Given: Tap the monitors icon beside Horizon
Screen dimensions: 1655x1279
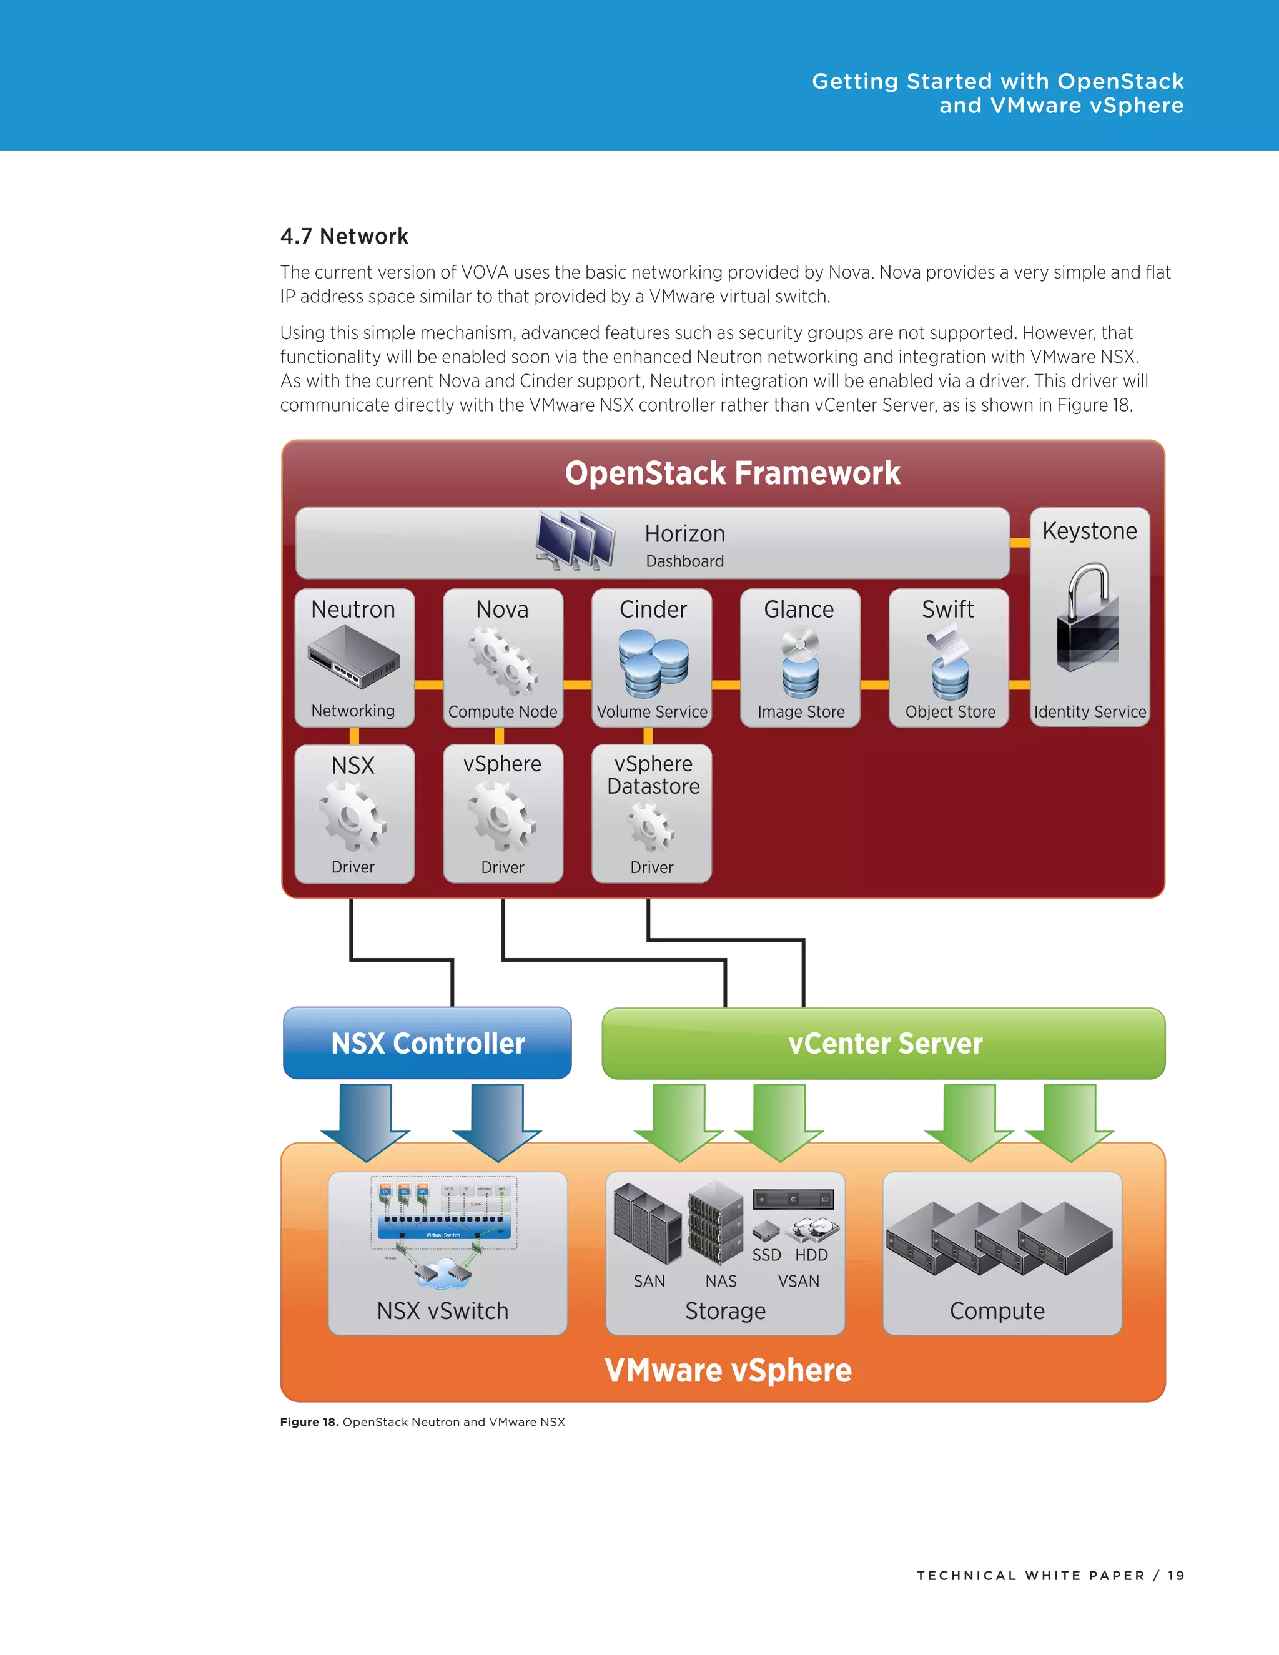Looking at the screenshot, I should click(575, 540).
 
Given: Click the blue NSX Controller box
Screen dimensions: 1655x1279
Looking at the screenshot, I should click(427, 1043).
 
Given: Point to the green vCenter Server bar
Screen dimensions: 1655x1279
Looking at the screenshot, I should click(884, 1043).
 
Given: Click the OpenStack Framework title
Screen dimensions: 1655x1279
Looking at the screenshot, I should click(732, 473).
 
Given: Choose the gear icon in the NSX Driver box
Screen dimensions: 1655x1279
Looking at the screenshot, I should click(352, 817).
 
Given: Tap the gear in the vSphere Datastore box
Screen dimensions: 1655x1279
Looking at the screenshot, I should click(650, 827).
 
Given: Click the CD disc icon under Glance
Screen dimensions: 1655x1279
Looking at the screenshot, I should click(801, 644).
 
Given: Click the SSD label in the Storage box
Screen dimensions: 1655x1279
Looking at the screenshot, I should click(766, 1255).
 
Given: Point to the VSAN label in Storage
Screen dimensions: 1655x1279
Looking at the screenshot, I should click(798, 1281).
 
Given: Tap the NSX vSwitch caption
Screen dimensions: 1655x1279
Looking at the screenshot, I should click(443, 1310).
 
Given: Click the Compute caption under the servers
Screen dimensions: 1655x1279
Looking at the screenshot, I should click(997, 1310).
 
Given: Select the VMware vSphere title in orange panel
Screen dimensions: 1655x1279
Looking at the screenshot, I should click(728, 1370).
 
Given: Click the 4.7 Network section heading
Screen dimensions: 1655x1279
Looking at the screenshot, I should click(344, 235).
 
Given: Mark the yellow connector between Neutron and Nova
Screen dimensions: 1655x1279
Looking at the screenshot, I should click(429, 684).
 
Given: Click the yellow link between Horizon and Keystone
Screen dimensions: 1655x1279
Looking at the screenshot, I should click(1020, 543).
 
